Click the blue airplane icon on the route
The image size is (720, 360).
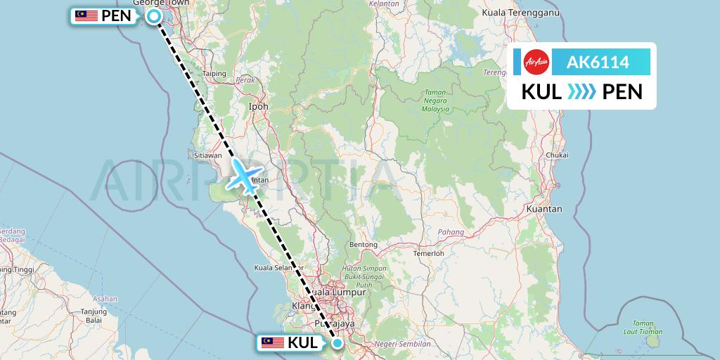point(244,175)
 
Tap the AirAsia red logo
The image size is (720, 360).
point(536,62)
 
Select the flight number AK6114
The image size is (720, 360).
point(598,62)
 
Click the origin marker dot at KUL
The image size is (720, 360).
point(337,343)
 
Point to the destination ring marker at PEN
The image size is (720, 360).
point(154,15)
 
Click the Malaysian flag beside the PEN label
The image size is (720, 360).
point(86,16)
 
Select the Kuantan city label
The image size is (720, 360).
point(548,209)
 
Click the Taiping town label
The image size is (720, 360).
point(214,73)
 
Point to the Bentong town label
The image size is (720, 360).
point(364,245)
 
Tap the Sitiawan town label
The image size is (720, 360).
point(208,155)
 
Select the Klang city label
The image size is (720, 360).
point(304,306)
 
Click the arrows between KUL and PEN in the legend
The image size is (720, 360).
point(581,91)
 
